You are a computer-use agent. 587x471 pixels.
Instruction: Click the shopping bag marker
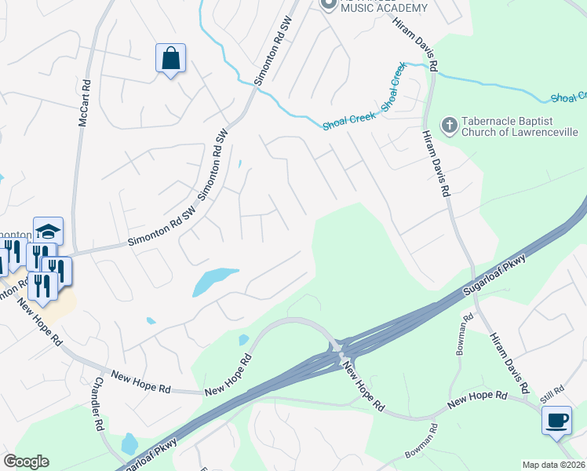(170, 59)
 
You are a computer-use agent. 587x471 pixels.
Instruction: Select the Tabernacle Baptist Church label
(519, 126)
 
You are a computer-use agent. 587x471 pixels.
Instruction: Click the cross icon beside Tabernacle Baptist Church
(449, 125)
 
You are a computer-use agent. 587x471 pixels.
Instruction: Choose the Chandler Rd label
(97, 405)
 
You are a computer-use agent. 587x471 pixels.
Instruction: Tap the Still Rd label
(552, 390)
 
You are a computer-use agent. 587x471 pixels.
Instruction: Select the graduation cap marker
(48, 231)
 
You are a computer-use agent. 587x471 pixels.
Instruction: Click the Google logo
(26, 462)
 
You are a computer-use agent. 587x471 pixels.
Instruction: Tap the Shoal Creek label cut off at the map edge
(568, 97)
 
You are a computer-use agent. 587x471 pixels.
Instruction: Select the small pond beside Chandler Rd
(129, 444)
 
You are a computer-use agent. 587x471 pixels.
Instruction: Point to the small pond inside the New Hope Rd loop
(243, 340)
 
